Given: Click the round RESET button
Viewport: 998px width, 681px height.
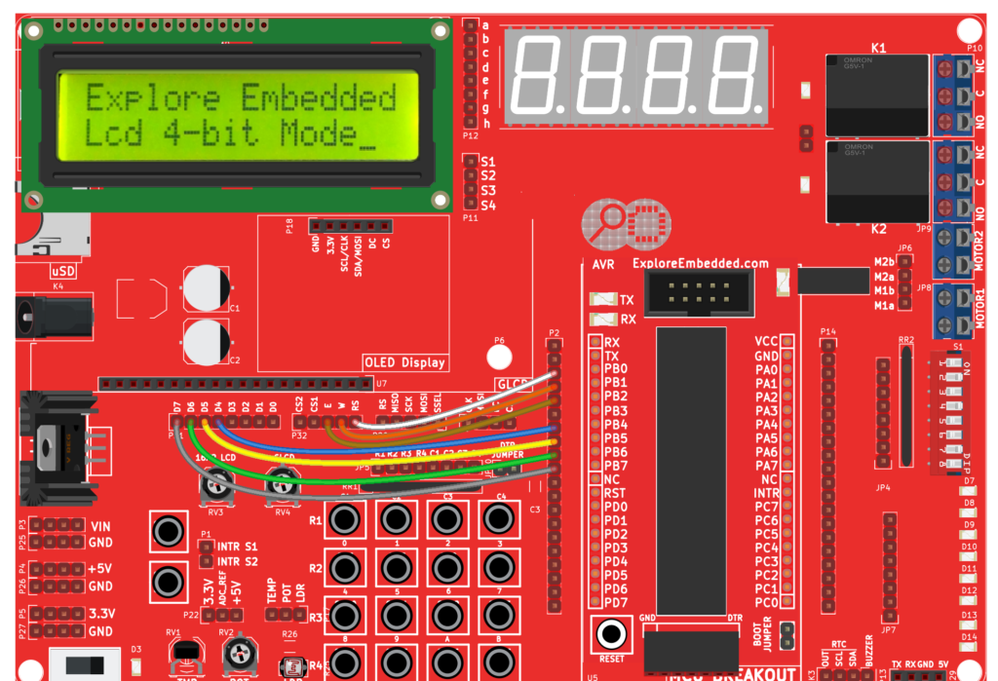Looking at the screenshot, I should click(611, 634).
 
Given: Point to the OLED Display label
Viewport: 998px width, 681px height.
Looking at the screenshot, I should click(404, 362).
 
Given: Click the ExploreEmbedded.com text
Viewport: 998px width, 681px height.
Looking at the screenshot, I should click(700, 263).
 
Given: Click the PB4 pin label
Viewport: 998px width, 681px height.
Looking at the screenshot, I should click(615, 425).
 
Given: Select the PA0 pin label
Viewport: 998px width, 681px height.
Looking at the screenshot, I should click(766, 370).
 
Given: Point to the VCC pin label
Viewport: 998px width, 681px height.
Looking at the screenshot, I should click(766, 342).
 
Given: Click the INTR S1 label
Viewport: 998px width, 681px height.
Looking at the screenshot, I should click(237, 546).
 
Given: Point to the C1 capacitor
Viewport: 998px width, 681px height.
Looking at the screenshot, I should click(208, 288).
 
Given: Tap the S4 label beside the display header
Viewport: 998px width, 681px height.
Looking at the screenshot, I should click(488, 205).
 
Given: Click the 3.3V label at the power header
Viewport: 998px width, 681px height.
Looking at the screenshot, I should click(100, 614).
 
